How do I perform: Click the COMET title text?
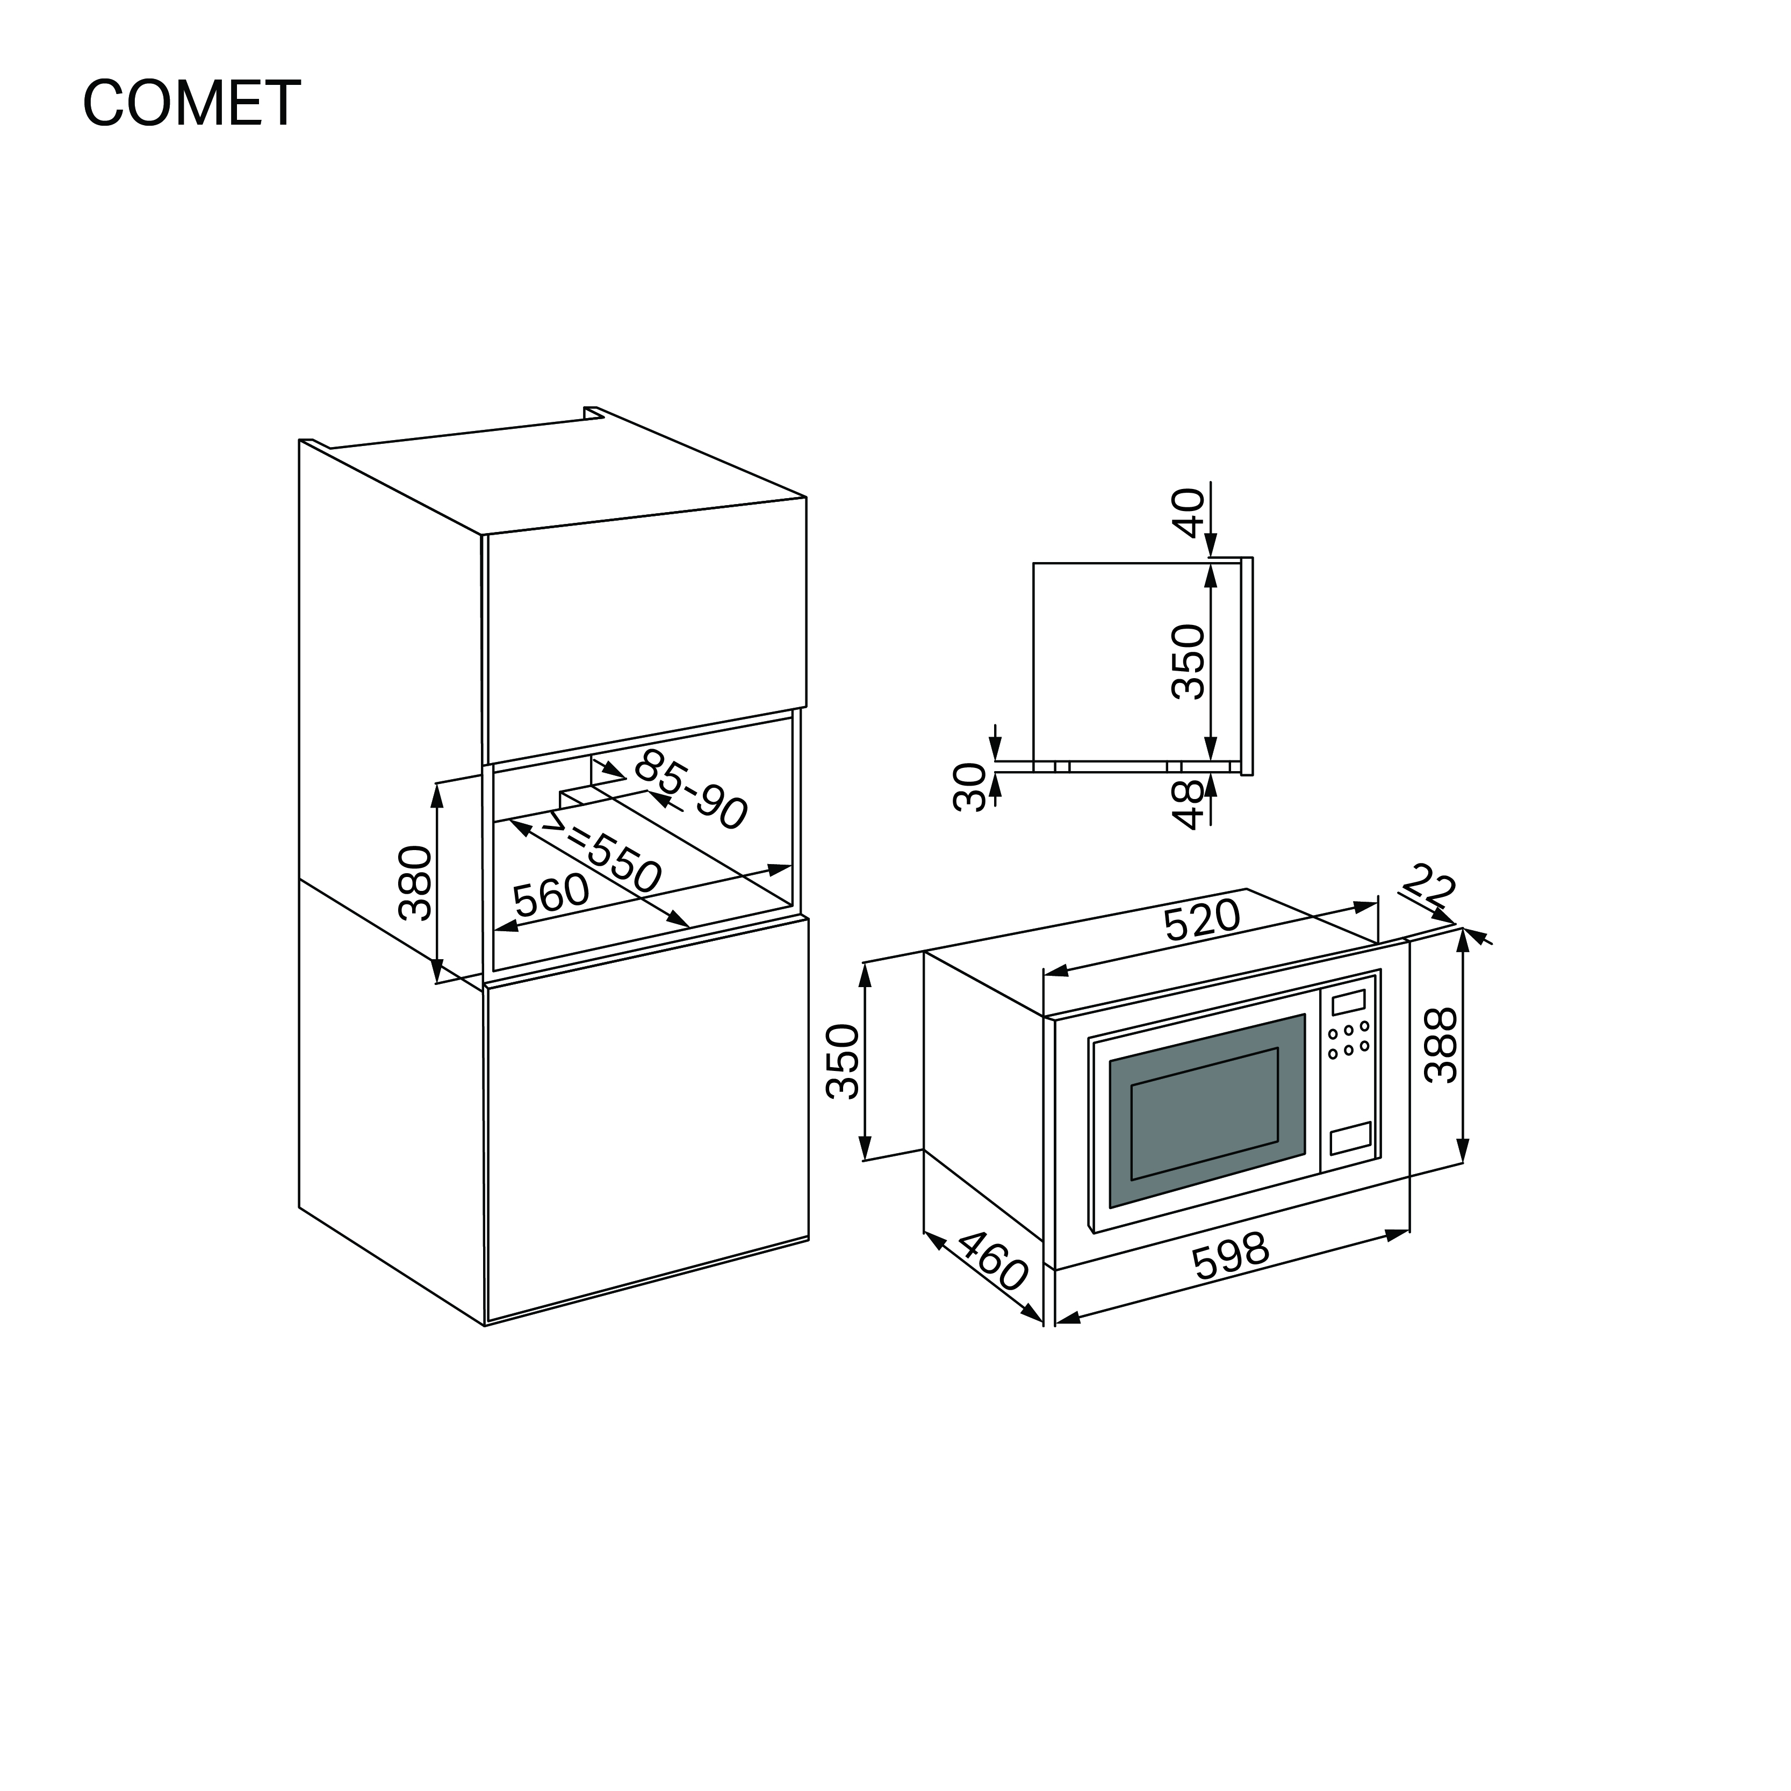[192, 103]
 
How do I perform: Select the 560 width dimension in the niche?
[551, 895]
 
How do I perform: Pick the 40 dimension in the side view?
[1189, 513]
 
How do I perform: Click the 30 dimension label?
[970, 787]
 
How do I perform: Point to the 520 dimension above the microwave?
[1202, 919]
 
